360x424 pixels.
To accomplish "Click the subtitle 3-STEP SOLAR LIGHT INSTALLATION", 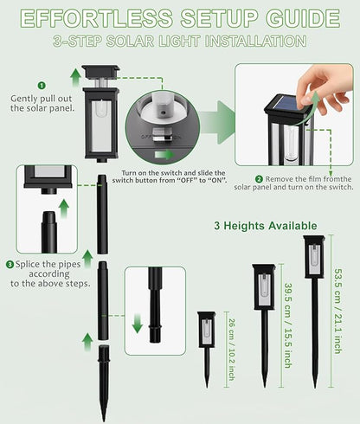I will [x=179, y=42].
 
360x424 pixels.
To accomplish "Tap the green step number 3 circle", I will [x=10, y=264].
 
